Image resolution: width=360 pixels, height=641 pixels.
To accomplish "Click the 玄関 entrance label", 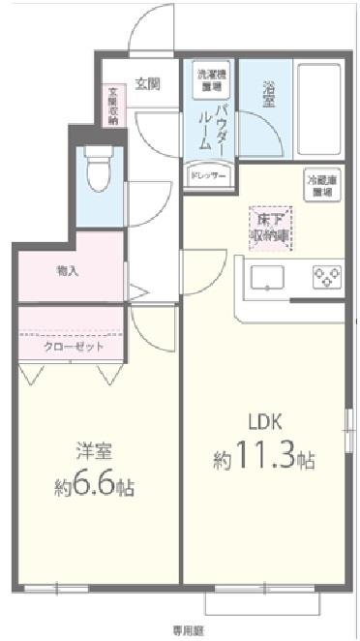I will point(147,83).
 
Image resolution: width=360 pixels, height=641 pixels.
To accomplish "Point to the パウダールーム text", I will point(209,125).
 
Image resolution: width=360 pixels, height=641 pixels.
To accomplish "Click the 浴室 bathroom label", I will point(270,96).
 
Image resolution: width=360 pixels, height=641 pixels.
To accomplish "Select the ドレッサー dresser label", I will point(207,176).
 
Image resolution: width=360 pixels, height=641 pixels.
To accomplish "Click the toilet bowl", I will point(97,171).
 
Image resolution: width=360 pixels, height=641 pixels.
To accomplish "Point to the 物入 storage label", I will point(68,272).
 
